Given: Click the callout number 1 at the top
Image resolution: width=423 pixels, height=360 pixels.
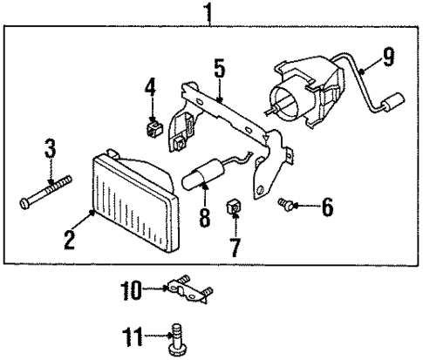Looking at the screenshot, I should (207, 12).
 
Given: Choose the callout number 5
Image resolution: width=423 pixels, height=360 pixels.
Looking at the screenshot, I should (219, 69).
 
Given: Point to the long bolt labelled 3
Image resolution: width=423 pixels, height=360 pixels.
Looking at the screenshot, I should (44, 193).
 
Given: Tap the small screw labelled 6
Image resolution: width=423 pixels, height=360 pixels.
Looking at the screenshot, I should (283, 205).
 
